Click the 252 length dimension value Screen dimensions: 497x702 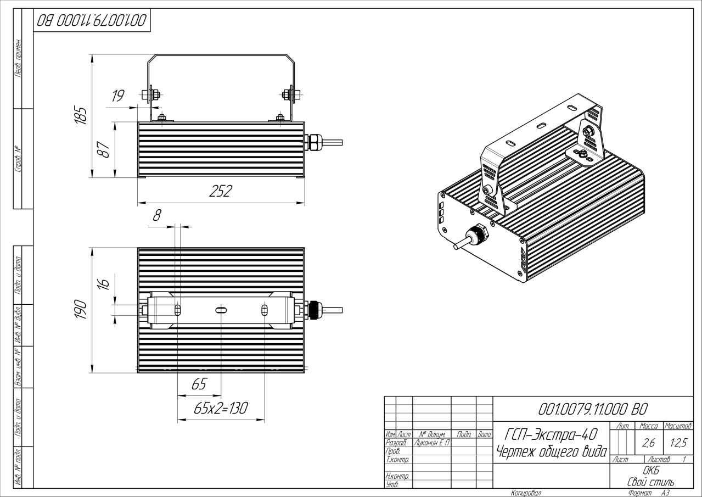(221, 192)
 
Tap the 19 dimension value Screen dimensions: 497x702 (118, 97)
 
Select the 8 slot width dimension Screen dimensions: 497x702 (157, 215)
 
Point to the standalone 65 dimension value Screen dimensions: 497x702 (199, 384)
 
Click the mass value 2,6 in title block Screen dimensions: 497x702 (648, 443)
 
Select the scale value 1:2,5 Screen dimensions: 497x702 (678, 443)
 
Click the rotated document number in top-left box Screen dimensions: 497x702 (92, 21)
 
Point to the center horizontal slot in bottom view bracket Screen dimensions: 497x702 (221, 311)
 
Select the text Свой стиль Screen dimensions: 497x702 (650, 482)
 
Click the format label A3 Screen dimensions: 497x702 (665, 493)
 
